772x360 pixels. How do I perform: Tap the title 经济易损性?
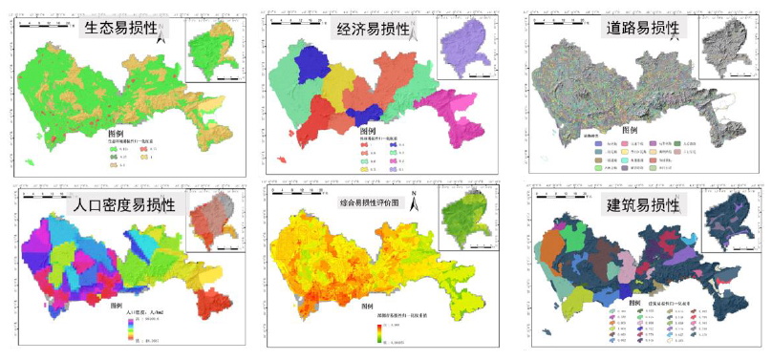point(375,29)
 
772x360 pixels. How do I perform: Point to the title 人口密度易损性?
point(119,202)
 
